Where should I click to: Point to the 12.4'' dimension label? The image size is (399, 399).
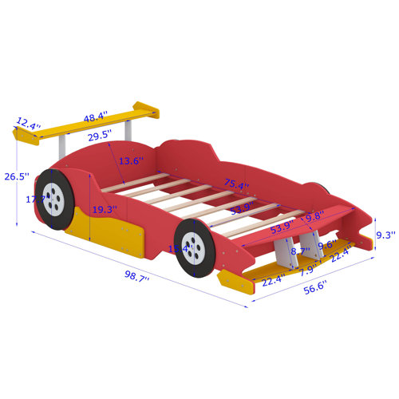(x=27, y=123)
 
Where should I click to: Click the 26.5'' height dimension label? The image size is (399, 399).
(x=16, y=176)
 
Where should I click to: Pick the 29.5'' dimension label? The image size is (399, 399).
(x=99, y=136)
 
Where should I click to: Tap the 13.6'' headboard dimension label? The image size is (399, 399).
(x=128, y=160)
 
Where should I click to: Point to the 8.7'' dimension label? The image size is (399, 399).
(x=300, y=251)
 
